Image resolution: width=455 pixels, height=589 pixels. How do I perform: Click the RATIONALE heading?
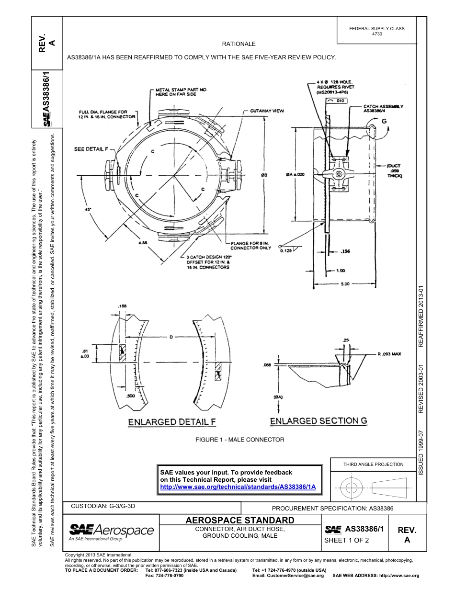(239, 44)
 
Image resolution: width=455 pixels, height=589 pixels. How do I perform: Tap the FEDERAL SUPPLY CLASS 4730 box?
(376, 31)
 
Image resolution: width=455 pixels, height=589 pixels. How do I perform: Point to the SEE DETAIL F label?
(91, 149)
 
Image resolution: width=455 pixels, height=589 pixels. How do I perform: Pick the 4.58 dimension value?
(142, 243)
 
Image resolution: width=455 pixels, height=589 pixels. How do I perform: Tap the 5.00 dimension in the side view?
(344, 284)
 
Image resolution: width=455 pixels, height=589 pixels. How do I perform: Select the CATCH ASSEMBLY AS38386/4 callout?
(383, 109)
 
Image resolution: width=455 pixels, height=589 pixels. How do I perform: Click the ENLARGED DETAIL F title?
(171, 422)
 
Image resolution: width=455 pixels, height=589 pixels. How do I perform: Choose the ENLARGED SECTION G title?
(318, 421)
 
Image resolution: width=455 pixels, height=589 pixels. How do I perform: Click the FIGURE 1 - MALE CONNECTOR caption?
(239, 440)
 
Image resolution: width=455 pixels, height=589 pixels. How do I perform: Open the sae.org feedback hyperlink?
(238, 487)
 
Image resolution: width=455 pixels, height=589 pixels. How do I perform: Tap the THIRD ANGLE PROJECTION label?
(373, 464)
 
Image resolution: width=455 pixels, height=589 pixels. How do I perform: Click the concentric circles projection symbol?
(352, 488)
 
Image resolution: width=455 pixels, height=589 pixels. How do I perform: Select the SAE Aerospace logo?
(111, 532)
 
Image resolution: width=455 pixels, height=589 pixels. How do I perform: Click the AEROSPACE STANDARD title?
(239, 520)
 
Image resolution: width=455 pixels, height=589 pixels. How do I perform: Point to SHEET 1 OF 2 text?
(347, 540)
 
